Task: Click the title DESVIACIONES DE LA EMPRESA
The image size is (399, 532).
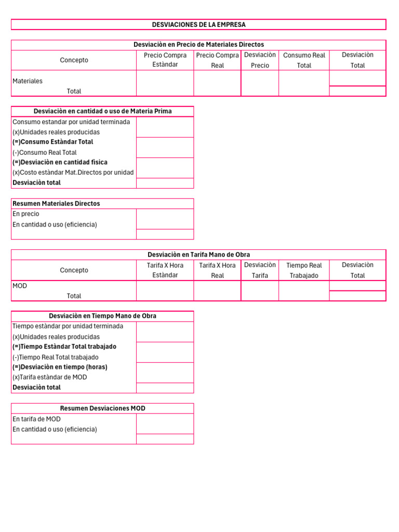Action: click(x=198, y=24)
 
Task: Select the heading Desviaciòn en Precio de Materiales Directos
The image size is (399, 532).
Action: click(x=198, y=45)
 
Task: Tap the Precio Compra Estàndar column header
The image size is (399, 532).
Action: click(x=165, y=60)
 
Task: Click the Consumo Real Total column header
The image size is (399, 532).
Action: click(x=304, y=60)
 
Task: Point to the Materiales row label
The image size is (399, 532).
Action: click(x=28, y=81)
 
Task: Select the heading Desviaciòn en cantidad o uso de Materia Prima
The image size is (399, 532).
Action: click(x=102, y=111)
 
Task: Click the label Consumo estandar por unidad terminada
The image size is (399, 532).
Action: click(x=71, y=122)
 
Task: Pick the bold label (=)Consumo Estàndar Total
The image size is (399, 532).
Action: click(x=52, y=142)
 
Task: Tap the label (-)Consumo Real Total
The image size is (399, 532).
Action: click(x=44, y=152)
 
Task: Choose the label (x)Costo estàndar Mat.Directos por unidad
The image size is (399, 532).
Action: click(x=73, y=172)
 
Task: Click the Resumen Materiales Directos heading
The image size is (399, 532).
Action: click(x=56, y=204)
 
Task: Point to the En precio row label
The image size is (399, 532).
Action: click(x=26, y=214)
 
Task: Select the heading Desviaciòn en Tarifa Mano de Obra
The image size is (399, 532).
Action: click(x=198, y=255)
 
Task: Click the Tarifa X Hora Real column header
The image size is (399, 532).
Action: click(x=217, y=270)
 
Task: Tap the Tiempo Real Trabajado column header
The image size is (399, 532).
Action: click(x=304, y=270)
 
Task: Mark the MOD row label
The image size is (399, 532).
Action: click(x=20, y=286)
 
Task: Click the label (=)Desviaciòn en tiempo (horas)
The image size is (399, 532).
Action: click(x=60, y=367)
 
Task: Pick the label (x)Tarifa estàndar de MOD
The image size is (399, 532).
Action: click(x=49, y=377)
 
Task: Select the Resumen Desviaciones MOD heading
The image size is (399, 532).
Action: click(x=102, y=408)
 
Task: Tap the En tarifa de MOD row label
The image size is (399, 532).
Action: click(x=36, y=419)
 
